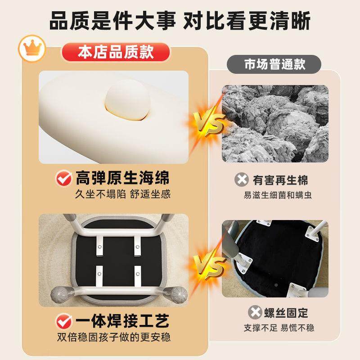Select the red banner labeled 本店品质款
click(115, 52)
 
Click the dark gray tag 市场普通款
click(274, 64)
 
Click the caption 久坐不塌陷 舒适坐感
click(123, 194)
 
